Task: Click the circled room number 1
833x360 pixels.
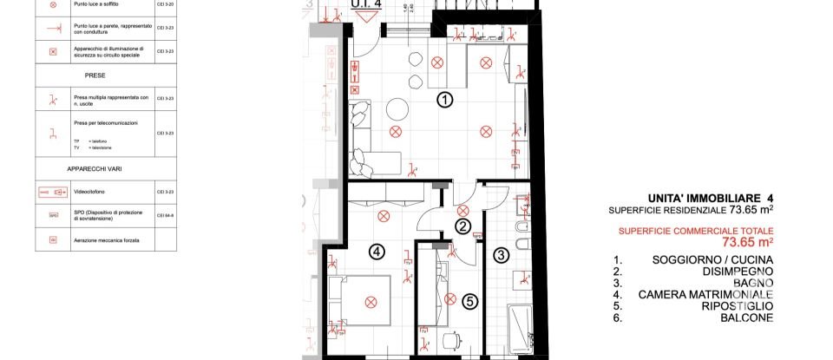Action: (x=444, y=100)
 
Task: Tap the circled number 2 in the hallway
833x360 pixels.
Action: (x=463, y=227)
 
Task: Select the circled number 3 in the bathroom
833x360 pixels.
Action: (x=502, y=255)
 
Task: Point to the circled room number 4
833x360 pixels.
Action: (x=376, y=252)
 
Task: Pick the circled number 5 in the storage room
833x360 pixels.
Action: (x=469, y=302)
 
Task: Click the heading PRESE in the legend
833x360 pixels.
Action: (x=95, y=75)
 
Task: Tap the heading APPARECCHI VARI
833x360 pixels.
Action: (x=95, y=166)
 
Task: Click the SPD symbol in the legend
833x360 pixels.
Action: (x=53, y=214)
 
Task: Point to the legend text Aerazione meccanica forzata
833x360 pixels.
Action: (x=107, y=239)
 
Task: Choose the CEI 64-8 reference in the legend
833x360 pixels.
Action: (x=166, y=214)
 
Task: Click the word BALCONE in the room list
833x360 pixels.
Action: (x=744, y=317)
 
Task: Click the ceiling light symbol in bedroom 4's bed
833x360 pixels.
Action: (x=371, y=302)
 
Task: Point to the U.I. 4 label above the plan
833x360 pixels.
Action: (x=365, y=3)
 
